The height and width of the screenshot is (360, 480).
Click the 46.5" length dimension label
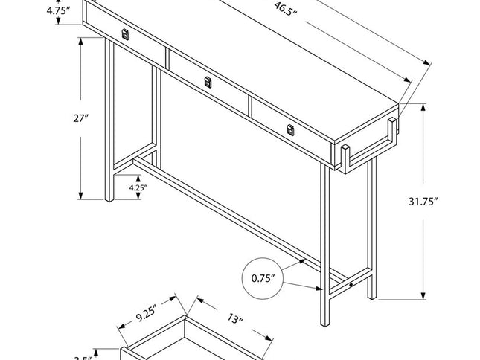coord(282,10)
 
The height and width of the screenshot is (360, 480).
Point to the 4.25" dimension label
coord(137,187)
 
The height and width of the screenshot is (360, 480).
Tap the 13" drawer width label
coord(236,321)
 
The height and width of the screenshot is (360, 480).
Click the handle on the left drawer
coord(126,34)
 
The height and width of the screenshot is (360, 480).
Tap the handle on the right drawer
coord(290,131)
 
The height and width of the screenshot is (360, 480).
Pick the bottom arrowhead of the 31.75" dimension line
coord(424,295)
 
